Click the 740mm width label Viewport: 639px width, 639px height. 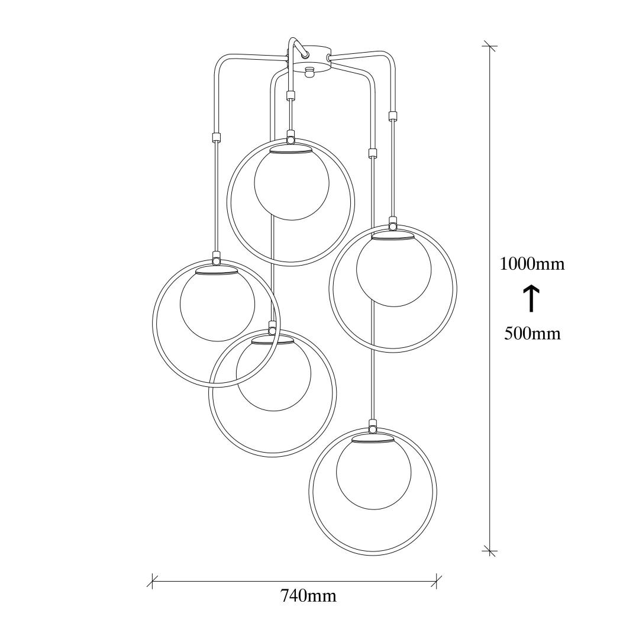(x=308, y=596)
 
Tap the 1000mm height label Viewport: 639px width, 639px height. (x=532, y=264)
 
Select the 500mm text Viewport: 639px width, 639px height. (x=532, y=334)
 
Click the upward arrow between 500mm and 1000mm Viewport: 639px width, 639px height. (x=531, y=299)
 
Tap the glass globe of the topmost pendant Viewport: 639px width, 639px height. (x=291, y=184)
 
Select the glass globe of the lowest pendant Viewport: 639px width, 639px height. (x=374, y=473)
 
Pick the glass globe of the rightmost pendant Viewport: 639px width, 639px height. (x=393, y=270)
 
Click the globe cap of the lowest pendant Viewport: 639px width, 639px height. (x=373, y=438)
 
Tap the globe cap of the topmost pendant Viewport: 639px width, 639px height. (x=291, y=149)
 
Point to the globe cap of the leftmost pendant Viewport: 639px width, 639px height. (x=217, y=270)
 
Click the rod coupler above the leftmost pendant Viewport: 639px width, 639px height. (x=215, y=137)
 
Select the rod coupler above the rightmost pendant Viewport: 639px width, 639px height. (x=393, y=116)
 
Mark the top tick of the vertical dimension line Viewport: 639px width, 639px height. (x=489, y=47)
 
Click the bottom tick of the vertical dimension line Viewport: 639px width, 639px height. (x=489, y=550)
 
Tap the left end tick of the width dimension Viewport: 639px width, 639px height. (x=153, y=581)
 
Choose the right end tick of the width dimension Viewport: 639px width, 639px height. (x=437, y=581)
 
